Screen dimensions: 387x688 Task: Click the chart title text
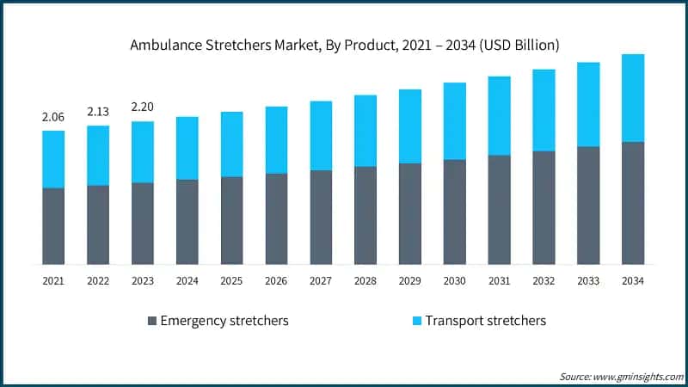click(344, 45)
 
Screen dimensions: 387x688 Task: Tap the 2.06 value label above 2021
click(53, 116)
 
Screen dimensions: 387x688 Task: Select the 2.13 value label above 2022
click(98, 111)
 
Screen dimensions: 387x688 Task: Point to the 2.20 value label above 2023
click(143, 107)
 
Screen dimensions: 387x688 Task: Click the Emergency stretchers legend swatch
click(153, 321)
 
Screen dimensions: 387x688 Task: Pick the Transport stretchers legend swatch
click(417, 321)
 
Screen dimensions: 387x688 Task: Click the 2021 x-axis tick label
click(53, 280)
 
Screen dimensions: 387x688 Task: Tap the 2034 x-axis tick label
click(633, 280)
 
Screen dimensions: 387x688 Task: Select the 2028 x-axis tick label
click(365, 280)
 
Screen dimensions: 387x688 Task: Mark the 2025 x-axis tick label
click(232, 280)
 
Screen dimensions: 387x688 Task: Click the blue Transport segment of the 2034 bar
click(633, 98)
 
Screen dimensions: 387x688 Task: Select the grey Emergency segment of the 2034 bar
click(633, 203)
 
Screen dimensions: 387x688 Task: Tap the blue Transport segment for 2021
click(53, 159)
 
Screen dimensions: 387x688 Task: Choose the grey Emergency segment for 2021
click(53, 225)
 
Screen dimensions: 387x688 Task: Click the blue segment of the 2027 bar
click(321, 136)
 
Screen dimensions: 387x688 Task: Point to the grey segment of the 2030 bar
click(455, 212)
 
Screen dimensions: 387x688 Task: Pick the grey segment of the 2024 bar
click(187, 222)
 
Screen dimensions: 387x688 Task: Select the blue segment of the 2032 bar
click(544, 110)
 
